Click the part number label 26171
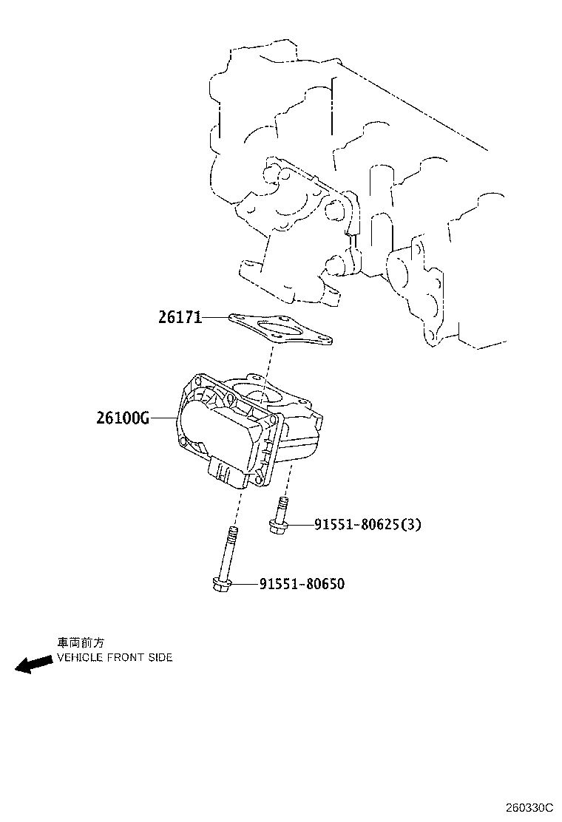[x=180, y=317]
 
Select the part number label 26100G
[x=123, y=418]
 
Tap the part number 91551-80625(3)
[x=368, y=525]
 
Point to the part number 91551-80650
[x=302, y=584]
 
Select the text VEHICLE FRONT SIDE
[x=115, y=657]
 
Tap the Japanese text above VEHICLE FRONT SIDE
[x=81, y=643]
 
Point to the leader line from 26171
[x=215, y=317]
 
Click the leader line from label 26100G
[x=163, y=418]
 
